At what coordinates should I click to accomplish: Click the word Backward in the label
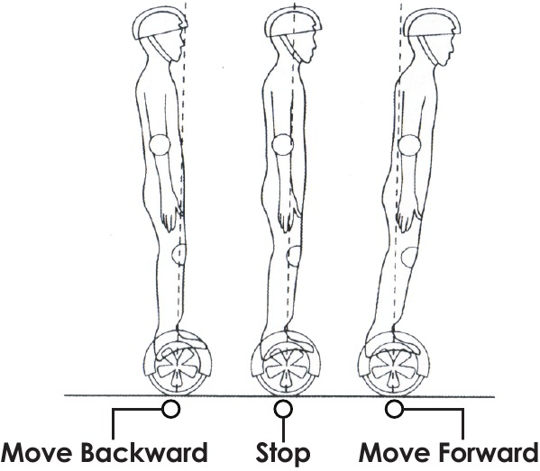(144, 452)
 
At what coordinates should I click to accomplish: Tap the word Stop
(283, 454)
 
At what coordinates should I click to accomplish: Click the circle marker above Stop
(283, 409)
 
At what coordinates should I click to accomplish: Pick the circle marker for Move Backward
(170, 409)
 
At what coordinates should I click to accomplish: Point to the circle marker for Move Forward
(394, 409)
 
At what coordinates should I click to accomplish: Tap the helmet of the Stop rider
(293, 23)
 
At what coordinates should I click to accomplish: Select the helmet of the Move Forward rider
(432, 23)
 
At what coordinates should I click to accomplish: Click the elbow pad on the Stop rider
(282, 145)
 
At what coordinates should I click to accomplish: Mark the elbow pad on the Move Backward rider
(160, 145)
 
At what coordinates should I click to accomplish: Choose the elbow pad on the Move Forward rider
(409, 145)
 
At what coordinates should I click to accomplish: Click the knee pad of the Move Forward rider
(410, 257)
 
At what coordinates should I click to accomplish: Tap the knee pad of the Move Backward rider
(179, 255)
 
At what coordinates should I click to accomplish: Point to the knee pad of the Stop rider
(294, 256)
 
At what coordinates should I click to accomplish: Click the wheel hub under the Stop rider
(285, 369)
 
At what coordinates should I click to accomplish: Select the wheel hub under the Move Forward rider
(393, 369)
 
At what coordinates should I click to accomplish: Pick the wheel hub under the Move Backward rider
(177, 369)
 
